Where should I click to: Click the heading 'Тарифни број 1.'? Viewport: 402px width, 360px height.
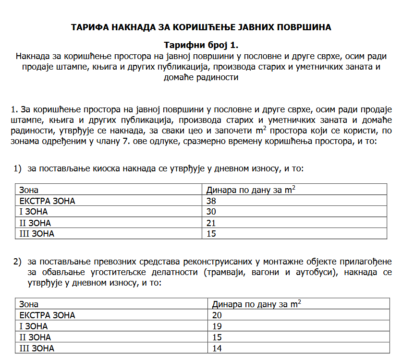[201, 46]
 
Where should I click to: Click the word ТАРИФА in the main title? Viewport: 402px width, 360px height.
[89, 27]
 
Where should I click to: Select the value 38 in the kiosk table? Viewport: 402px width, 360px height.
[211, 201]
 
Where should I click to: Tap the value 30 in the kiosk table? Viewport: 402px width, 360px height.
[211, 212]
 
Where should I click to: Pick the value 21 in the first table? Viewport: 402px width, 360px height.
[211, 223]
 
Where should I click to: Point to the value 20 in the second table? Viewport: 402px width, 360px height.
[217, 315]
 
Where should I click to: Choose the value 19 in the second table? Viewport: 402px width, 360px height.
[217, 326]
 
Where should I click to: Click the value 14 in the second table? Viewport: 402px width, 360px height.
[217, 348]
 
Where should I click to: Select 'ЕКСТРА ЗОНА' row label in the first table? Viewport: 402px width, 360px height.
[47, 201]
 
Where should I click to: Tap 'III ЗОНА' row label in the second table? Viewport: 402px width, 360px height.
[37, 348]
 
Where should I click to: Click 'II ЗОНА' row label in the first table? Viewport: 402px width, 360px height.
[35, 223]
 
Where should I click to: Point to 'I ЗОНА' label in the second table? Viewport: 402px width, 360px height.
[33, 326]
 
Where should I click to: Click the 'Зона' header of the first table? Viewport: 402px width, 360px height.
[29, 190]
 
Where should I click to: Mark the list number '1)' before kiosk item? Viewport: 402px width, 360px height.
[18, 169]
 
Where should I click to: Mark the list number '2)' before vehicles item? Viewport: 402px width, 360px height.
[18, 262]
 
